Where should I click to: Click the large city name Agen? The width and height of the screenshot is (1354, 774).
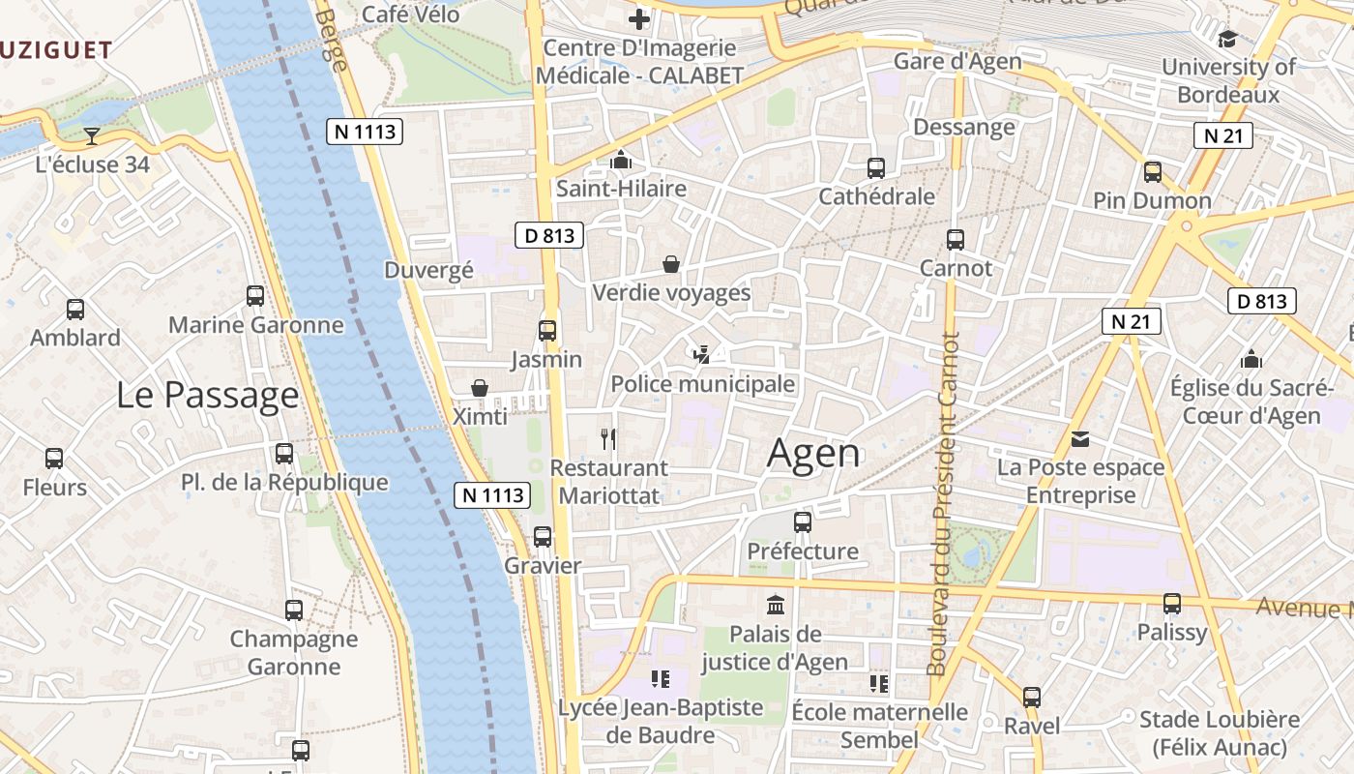[x=813, y=454]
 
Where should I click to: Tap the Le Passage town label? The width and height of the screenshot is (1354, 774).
[x=208, y=395]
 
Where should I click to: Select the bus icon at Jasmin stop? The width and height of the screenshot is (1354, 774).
[x=547, y=331]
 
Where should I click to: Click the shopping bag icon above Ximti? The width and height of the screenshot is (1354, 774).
[x=479, y=388]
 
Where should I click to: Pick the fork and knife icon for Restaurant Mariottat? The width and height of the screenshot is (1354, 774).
[x=608, y=439]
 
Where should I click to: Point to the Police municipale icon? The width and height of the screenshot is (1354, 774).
[x=702, y=355]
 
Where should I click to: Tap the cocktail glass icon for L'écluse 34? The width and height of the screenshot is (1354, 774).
[x=92, y=135]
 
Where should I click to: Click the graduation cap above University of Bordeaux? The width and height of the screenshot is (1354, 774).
[x=1227, y=39]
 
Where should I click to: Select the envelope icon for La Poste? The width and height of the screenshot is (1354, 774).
[x=1080, y=439]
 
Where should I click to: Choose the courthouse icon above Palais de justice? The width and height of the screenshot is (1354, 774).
[x=775, y=606]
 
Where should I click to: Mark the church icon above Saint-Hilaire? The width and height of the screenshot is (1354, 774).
[x=621, y=160]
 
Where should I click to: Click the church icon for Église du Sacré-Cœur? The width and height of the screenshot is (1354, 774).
[x=1251, y=359]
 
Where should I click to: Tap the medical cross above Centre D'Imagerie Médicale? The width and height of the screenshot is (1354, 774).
[x=639, y=19]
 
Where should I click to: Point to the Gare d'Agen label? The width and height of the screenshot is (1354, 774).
[x=957, y=62]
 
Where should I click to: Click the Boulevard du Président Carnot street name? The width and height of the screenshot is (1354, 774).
[x=944, y=504]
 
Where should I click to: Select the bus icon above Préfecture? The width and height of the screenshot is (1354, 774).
[x=803, y=522]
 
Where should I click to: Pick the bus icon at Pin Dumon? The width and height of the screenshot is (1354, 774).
[x=1152, y=172]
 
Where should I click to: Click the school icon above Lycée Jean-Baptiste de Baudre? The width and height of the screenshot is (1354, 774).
[x=661, y=679]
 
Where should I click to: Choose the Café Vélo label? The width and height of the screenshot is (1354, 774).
[x=409, y=15]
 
